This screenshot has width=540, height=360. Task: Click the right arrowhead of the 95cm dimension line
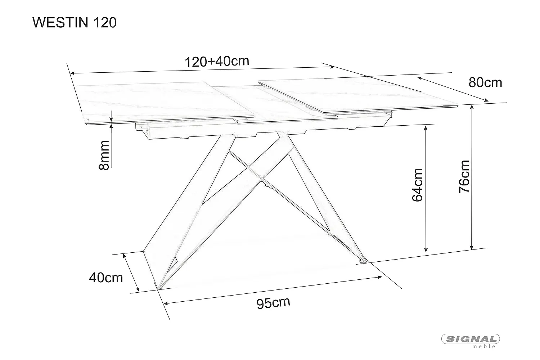(x=380, y=277)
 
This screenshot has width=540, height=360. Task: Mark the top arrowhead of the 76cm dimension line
(x=472, y=107)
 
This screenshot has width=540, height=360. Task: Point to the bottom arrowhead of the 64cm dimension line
(x=426, y=250)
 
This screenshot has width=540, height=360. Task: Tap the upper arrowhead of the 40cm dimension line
(x=125, y=256)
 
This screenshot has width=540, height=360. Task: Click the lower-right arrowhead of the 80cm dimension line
(x=486, y=100)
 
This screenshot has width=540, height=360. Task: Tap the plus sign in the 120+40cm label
(x=211, y=62)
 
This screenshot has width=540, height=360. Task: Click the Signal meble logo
(x=470, y=341)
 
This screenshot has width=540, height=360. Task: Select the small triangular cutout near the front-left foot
(x=172, y=265)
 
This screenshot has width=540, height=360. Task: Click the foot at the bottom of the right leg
(x=363, y=260)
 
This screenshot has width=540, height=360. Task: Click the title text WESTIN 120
(x=75, y=23)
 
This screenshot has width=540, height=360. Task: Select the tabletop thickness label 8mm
(x=104, y=155)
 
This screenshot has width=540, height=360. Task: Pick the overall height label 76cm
(x=464, y=176)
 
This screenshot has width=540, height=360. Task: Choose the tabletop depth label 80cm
(x=485, y=83)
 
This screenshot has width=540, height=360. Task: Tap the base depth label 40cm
(x=106, y=278)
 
